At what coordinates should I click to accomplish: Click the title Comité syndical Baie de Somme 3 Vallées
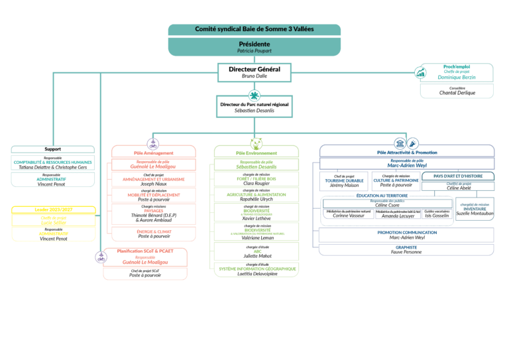click(x=254, y=29)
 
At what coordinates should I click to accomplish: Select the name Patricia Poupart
click(x=254, y=50)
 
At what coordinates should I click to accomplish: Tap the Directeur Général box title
click(x=254, y=69)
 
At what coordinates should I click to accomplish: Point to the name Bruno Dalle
click(x=254, y=76)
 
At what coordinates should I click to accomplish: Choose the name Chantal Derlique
click(x=457, y=93)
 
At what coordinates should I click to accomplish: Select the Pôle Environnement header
click(x=256, y=152)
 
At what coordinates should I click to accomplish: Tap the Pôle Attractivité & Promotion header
click(x=407, y=152)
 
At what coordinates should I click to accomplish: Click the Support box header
click(x=53, y=149)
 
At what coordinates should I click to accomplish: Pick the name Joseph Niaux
click(x=153, y=184)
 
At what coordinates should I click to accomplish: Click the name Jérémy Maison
click(x=344, y=185)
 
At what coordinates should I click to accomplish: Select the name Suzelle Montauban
click(x=475, y=213)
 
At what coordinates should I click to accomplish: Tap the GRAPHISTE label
click(x=407, y=247)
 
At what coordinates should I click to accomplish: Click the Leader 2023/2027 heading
click(x=53, y=210)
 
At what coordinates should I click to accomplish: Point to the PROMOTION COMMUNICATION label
click(x=407, y=233)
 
